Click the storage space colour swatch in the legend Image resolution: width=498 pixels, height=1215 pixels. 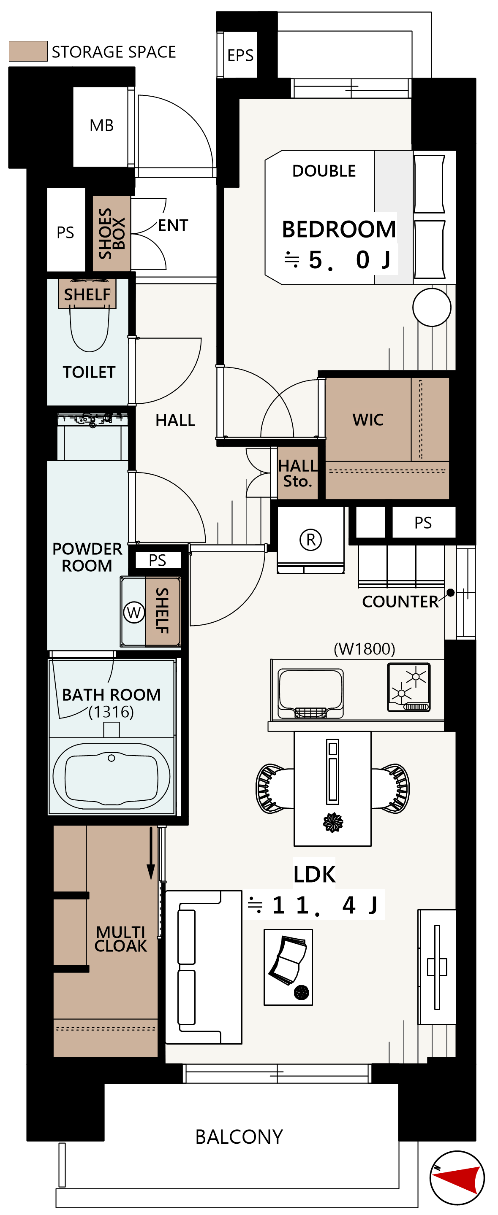[x=28, y=51]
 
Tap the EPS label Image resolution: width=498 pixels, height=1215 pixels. [x=240, y=55]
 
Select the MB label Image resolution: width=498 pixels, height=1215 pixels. [x=101, y=125]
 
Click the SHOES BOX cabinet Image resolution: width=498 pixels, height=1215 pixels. [x=112, y=233]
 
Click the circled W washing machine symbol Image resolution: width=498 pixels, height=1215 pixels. [x=134, y=612]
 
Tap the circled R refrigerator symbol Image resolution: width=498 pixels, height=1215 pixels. [x=310, y=540]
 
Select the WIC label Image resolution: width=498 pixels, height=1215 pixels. [x=368, y=420]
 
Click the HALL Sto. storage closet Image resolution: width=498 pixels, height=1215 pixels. [x=297, y=473]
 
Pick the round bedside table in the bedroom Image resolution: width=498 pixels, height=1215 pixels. [x=431, y=307]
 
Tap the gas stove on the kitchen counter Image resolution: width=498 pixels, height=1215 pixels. [x=409, y=687]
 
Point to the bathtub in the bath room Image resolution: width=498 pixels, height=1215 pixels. [x=112, y=776]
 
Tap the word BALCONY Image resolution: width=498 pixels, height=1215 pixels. [x=239, y=1137]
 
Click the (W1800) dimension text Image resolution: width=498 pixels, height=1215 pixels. [x=365, y=649]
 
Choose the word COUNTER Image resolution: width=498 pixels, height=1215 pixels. [x=400, y=602]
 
